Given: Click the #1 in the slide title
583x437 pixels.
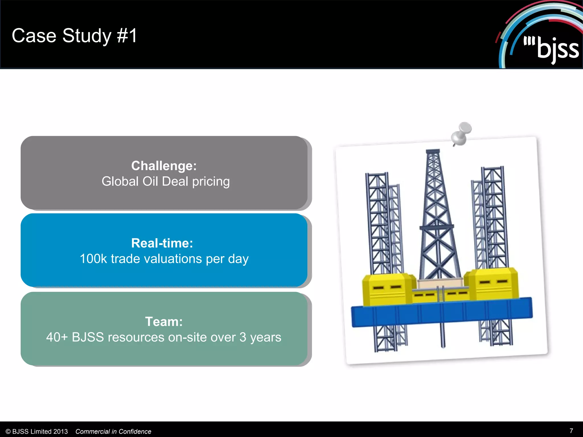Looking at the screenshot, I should [127, 36].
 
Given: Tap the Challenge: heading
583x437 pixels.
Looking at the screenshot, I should [164, 166].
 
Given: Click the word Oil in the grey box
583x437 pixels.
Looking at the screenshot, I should [150, 181].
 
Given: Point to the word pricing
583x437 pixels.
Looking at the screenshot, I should [211, 182].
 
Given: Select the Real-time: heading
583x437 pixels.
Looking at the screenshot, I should [162, 243].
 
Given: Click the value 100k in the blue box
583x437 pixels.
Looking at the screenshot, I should [93, 259].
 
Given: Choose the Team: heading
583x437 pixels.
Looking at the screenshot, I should [164, 321].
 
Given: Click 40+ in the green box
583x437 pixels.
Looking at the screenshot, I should [57, 337].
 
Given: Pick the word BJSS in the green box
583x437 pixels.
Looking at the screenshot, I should [88, 337].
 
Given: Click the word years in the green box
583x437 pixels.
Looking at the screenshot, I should [265, 338].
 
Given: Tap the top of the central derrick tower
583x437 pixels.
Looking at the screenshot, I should [433, 152].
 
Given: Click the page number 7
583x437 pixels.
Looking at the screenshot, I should [571, 431].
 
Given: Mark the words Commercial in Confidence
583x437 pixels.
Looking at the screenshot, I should [113, 432].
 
